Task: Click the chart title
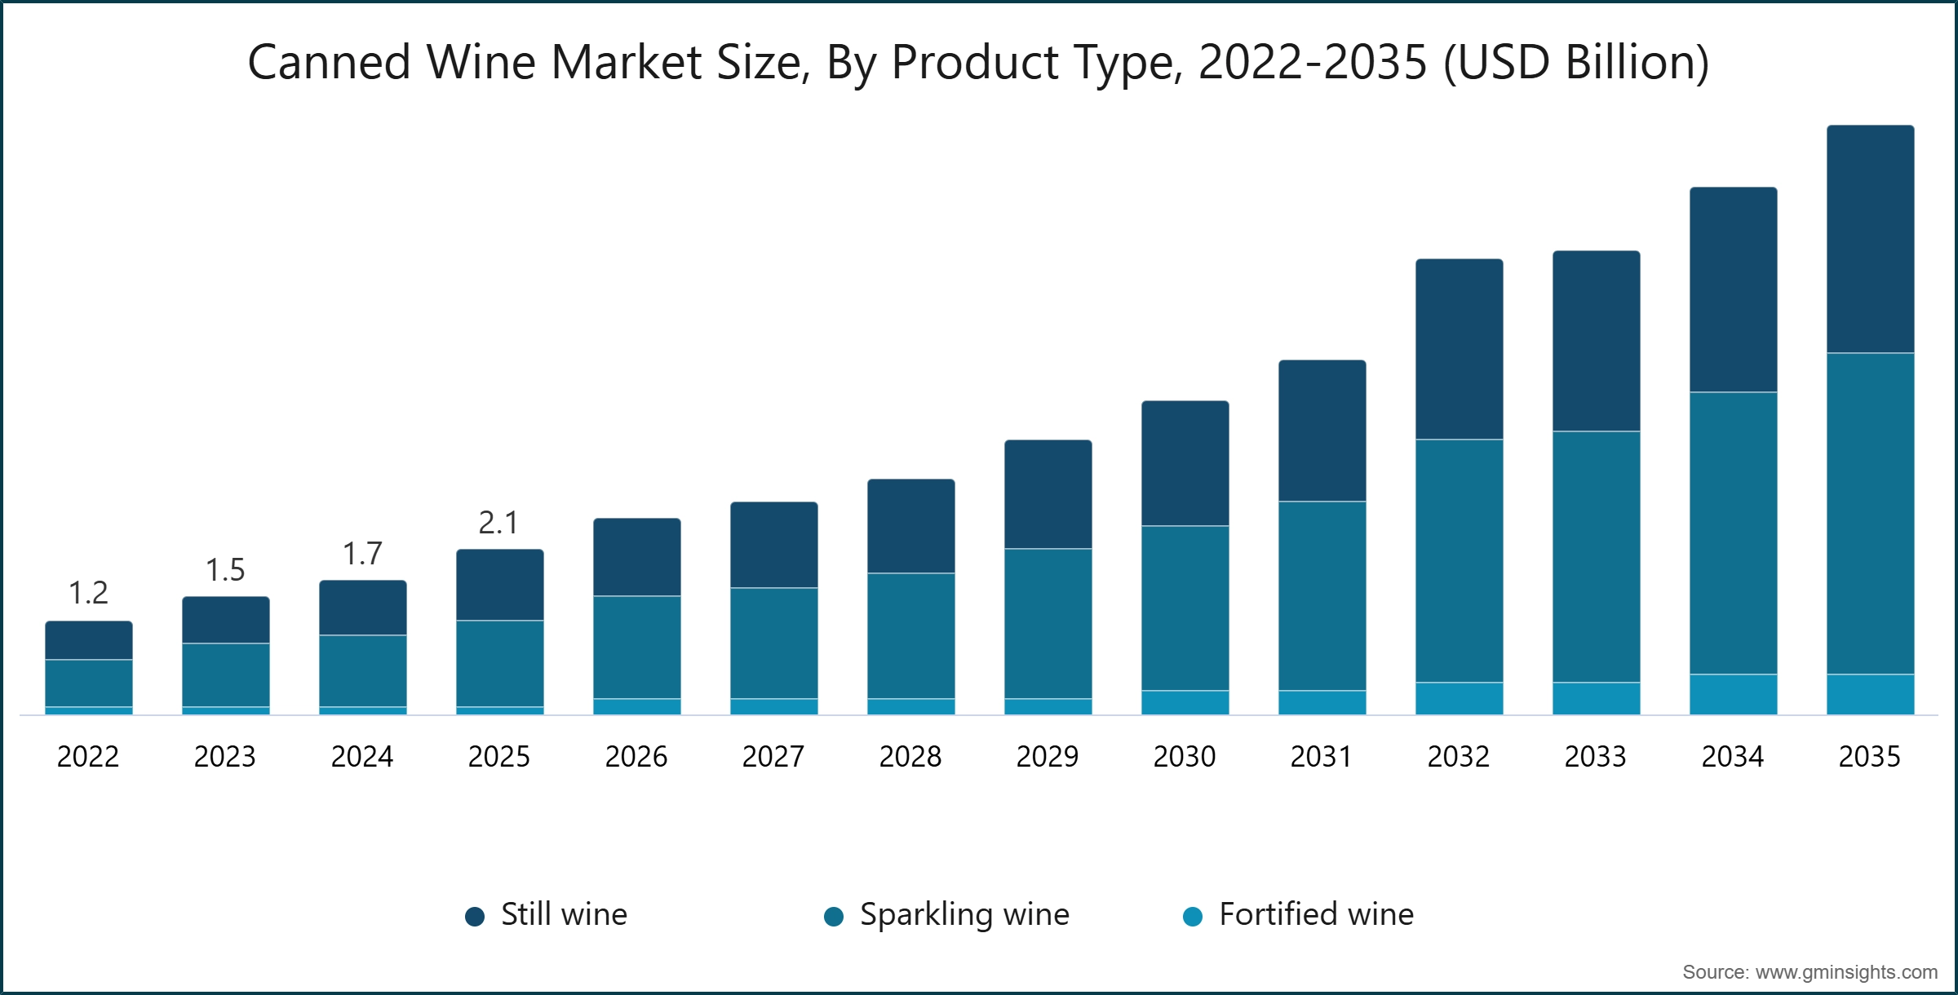977,62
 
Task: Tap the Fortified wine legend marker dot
1193,916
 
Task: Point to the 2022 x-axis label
88,757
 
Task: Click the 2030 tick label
1184,757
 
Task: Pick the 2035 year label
1869,757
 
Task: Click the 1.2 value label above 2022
88,593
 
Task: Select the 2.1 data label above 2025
498,523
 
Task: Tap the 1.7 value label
362,554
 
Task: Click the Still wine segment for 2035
1870,239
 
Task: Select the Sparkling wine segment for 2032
1459,561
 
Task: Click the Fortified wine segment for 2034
1733,694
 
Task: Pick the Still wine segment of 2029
1048,494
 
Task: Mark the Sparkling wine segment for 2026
636,648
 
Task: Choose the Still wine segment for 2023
225,620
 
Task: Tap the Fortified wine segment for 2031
1322,702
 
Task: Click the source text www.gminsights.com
1809,972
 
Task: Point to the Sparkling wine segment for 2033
1596,557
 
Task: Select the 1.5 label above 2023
225,570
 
